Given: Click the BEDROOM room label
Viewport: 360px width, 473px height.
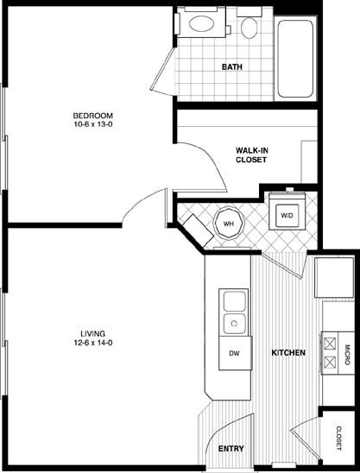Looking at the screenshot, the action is click(93, 116).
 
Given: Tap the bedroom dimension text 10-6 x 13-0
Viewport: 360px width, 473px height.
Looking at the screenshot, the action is click(93, 124).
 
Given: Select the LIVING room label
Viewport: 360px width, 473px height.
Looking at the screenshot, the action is click(93, 334).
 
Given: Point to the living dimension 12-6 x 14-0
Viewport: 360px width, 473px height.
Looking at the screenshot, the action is click(93, 343).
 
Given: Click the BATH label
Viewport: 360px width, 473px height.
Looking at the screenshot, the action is click(231, 66).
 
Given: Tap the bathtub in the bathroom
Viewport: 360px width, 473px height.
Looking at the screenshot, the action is click(295, 59).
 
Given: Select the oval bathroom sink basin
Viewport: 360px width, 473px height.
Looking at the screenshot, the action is click(201, 23).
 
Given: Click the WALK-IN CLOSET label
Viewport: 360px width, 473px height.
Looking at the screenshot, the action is click(251, 155).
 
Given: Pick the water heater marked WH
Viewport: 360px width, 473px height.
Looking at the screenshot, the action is click(229, 224).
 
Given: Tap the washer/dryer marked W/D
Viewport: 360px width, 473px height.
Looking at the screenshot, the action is click(287, 216).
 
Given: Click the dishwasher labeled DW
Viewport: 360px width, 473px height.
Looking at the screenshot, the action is click(236, 353).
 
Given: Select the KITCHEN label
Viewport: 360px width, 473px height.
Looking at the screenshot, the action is click(288, 353).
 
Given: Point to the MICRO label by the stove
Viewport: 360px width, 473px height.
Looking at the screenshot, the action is click(347, 355).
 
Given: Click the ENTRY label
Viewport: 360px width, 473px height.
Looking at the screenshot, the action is click(231, 449).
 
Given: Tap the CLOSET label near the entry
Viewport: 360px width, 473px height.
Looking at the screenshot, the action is click(339, 438).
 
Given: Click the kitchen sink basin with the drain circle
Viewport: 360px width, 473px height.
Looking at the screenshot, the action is click(235, 324).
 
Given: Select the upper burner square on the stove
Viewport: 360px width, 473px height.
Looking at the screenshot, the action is click(330, 344).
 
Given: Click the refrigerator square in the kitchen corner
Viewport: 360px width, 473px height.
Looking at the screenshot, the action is click(334, 278).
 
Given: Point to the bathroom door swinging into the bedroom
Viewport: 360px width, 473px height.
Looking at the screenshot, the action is click(163, 73).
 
